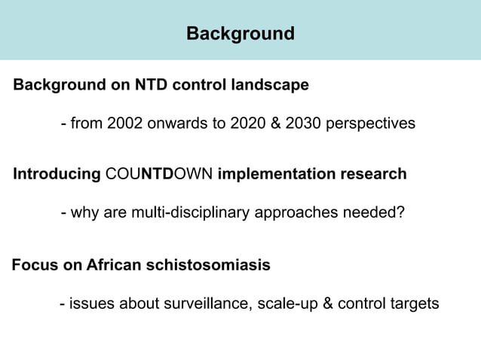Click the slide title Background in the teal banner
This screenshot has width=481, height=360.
point(240,34)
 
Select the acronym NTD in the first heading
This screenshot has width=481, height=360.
point(151,85)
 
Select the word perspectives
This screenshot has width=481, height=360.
point(370,123)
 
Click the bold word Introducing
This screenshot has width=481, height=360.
point(57,175)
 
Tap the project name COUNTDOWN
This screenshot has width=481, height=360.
point(159,175)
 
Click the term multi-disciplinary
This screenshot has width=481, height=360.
point(188,213)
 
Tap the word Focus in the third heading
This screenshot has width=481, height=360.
point(33,266)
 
